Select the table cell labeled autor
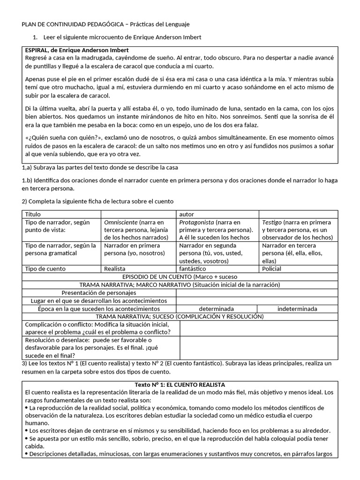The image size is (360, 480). point(187,214)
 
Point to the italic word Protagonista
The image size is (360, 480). point(197,222)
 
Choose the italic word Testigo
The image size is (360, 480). point(272,222)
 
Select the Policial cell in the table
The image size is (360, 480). point(272,269)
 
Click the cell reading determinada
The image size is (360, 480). point(216,309)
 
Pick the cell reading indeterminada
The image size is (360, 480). point(297,309)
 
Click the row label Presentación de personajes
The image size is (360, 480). point(99,293)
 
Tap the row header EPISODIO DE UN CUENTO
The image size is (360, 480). point(180,277)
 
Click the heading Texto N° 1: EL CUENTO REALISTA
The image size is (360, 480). point(180,384)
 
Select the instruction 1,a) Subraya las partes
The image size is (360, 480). point(100,167)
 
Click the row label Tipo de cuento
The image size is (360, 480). point(45,269)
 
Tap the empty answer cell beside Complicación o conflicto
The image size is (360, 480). point(258,328)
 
